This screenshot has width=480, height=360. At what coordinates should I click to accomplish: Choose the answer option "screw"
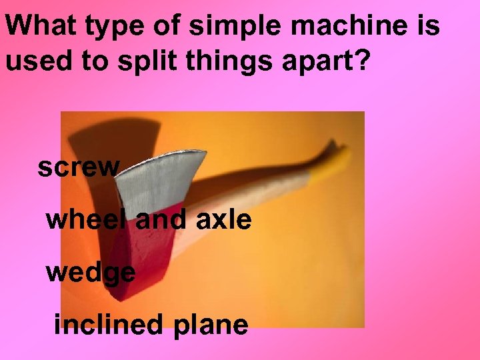click(78, 167)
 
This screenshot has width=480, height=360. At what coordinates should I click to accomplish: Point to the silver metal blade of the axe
click(160, 180)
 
